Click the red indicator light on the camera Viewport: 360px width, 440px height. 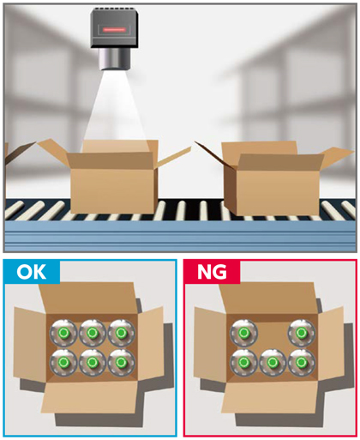pos(114,29)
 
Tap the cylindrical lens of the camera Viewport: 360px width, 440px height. pos(115,58)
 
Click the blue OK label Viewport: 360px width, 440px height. pos(32,272)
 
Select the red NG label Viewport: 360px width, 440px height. pos(212,272)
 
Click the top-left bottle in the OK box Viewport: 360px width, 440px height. pos(63,333)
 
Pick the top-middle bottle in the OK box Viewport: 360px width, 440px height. pos(93,333)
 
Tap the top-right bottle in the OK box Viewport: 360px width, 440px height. pos(121,333)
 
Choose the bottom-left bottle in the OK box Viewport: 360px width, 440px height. pos(63,362)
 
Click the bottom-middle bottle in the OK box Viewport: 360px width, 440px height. pos(93,362)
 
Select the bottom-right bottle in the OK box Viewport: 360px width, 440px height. pos(121,362)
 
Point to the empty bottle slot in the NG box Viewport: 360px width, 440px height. pos(273,333)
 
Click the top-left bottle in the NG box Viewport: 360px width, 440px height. pos(243,333)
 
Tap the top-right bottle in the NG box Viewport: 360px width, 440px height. pos(302,333)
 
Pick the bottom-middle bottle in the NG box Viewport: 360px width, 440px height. pos(273,362)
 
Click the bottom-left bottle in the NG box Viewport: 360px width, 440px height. pos(243,362)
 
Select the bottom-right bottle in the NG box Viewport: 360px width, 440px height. pos(302,362)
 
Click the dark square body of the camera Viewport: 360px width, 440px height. pos(115,28)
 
